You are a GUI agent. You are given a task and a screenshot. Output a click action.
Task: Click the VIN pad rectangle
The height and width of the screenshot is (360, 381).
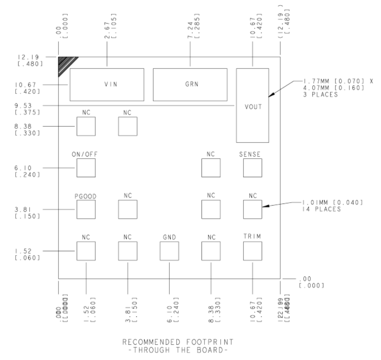[107, 84]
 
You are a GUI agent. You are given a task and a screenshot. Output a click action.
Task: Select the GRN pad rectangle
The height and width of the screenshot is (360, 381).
[190, 84]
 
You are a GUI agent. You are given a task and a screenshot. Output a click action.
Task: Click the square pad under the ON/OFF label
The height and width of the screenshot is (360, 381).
[86, 168]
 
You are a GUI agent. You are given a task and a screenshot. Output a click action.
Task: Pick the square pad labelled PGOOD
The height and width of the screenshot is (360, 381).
[86, 209]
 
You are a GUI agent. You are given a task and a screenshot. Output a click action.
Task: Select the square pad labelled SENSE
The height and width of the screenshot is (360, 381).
[252, 168]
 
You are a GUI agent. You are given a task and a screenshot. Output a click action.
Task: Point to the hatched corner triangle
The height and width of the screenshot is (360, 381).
[65, 64]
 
